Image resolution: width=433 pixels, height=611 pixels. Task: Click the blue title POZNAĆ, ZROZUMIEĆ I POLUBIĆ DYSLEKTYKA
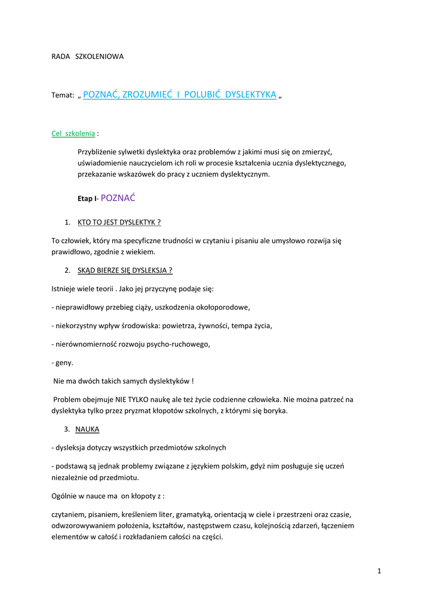pos(179,94)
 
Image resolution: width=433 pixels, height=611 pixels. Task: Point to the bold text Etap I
pos(87,199)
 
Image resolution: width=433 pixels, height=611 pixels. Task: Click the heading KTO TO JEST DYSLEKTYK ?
pos(119,223)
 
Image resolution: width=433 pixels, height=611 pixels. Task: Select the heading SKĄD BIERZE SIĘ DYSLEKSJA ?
pos(125,270)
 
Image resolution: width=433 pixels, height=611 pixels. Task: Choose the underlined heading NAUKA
pos(87,429)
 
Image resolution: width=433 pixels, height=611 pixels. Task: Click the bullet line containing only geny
pos(63,362)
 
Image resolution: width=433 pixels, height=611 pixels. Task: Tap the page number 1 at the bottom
pos(379,571)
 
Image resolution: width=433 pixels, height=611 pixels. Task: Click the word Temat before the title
pos(63,95)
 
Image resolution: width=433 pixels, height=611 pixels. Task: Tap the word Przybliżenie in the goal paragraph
pos(97,152)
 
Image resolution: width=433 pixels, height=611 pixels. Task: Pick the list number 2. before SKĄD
pos(67,270)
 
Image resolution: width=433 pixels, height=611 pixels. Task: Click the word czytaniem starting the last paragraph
pos(69,514)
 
